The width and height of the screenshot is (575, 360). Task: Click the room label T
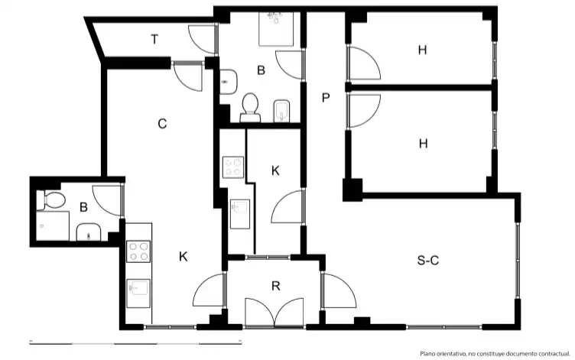coord(154,39)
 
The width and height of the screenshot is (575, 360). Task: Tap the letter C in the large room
coord(162,124)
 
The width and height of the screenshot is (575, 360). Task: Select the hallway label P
coord(326,98)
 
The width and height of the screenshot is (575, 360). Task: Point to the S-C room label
coord(428,261)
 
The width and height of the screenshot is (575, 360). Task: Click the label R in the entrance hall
coord(276,286)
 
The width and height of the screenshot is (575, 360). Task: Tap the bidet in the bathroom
coord(281,111)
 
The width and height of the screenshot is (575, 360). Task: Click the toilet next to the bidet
coord(251,108)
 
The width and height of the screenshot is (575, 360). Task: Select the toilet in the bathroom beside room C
coord(50,200)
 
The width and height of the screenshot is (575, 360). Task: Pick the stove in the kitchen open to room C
coord(138,251)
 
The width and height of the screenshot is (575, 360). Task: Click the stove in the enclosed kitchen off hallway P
coord(233,167)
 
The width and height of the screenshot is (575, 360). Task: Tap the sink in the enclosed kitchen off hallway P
coord(240,214)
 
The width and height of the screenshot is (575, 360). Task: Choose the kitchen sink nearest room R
coord(138,294)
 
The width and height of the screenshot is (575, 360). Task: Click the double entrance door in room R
coord(274,312)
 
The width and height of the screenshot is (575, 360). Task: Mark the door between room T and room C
coord(187,77)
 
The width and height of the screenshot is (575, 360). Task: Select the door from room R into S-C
coord(338,290)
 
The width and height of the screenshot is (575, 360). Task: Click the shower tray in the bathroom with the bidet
coord(276,28)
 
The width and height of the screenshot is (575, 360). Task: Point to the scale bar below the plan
coord(135,342)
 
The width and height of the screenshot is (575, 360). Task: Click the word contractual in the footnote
coord(553,353)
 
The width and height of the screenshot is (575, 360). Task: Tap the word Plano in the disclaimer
coord(427,353)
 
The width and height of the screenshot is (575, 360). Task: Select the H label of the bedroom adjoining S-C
coord(423,144)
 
